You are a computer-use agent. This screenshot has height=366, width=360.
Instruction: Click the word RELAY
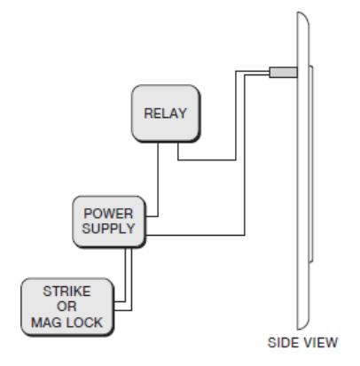pyautogui.click(x=165, y=113)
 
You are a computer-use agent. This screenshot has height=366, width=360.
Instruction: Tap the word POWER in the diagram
pyautogui.click(x=108, y=214)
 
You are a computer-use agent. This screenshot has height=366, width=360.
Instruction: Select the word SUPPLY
pyautogui.click(x=108, y=229)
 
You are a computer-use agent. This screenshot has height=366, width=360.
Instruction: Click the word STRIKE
pyautogui.click(x=67, y=292)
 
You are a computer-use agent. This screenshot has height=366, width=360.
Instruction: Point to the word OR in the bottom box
pyautogui.click(x=67, y=307)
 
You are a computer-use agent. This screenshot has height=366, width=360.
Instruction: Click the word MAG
pyautogui.click(x=46, y=322)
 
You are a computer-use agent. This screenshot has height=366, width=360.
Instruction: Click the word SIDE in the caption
pyautogui.click(x=282, y=343)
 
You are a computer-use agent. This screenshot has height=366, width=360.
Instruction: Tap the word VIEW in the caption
pyautogui.click(x=319, y=343)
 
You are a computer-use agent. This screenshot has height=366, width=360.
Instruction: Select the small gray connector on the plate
pyautogui.click(x=283, y=73)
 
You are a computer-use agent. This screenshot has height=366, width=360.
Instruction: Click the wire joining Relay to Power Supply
pyautogui.click(x=158, y=180)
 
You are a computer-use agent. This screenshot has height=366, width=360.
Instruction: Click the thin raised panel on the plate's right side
pyautogui.click(x=311, y=164)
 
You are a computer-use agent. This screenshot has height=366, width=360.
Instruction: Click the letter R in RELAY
pyautogui.click(x=148, y=113)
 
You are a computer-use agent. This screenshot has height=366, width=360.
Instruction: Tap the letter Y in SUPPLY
pyautogui.click(x=130, y=229)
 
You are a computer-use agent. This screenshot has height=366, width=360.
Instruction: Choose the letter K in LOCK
pyautogui.click(x=98, y=322)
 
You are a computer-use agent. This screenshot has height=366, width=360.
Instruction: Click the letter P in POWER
pyautogui.click(x=88, y=214)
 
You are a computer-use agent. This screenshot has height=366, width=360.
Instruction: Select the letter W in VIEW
pyautogui.click(x=332, y=343)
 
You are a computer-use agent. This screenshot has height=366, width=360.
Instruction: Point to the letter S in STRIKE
pyautogui.click(x=47, y=292)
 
